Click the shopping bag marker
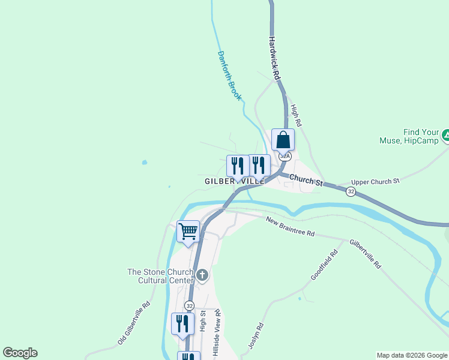pos(283,140)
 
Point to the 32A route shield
pos(285,156)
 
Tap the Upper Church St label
pos(375,181)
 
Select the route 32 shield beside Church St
pos(350,191)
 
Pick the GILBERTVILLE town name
pos(234,181)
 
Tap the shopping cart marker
pos(188,232)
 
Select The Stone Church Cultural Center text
pos(160,276)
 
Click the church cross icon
pos(203,276)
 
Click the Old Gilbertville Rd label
pos(134,323)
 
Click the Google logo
pos(20,353)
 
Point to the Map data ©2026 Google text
pos(412,355)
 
